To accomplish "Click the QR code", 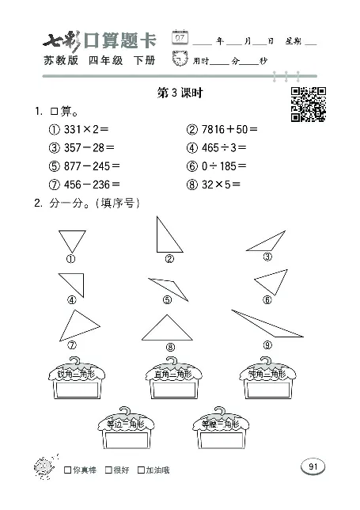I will pyautogui.click(x=308, y=104).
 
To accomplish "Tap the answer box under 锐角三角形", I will pyautogui.click(x=76, y=391).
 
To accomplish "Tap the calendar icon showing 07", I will pyautogui.click(x=181, y=38).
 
